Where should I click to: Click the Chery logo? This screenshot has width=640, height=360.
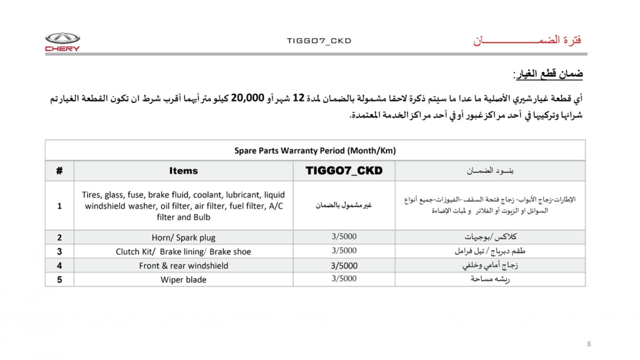click(62, 42)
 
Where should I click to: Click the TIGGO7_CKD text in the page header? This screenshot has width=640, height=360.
click(319, 41)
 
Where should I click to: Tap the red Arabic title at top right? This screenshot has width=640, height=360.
click(527, 41)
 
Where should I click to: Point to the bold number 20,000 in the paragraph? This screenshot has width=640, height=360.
click(247, 98)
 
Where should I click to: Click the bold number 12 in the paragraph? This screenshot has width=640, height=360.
click(298, 98)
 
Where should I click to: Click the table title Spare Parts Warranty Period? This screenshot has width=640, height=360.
click(315, 151)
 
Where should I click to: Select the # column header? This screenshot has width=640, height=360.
click(60, 171)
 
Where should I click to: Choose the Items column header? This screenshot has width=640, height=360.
click(183, 171)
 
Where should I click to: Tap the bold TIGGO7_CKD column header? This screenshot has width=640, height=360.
click(344, 171)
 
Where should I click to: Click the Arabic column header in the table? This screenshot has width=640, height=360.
click(490, 171)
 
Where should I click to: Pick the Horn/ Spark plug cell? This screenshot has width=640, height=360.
click(183, 238)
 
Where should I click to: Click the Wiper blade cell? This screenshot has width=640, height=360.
click(183, 280)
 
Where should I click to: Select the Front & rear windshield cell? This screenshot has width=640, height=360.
click(183, 266)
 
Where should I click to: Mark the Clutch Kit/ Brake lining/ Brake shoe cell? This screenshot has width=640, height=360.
click(183, 252)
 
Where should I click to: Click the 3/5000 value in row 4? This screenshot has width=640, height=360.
click(344, 266)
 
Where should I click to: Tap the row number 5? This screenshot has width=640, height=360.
click(60, 280)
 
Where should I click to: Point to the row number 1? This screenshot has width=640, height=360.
click(60, 206)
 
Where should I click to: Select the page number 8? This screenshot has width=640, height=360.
click(589, 344)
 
